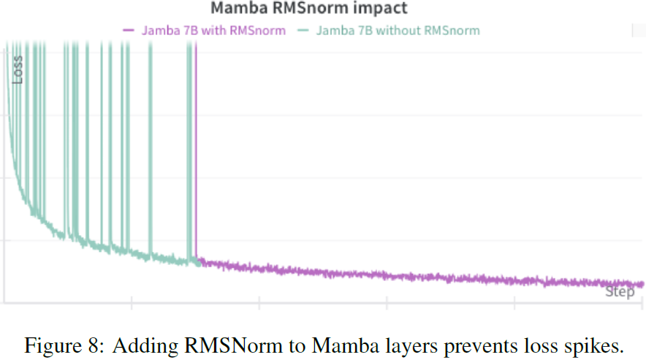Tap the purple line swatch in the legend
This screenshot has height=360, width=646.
point(129,31)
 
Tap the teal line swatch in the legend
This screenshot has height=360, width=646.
point(302,31)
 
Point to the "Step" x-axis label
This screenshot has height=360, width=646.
point(620,292)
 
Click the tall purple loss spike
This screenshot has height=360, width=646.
point(196,146)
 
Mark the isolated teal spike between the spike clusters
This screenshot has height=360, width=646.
point(151,146)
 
